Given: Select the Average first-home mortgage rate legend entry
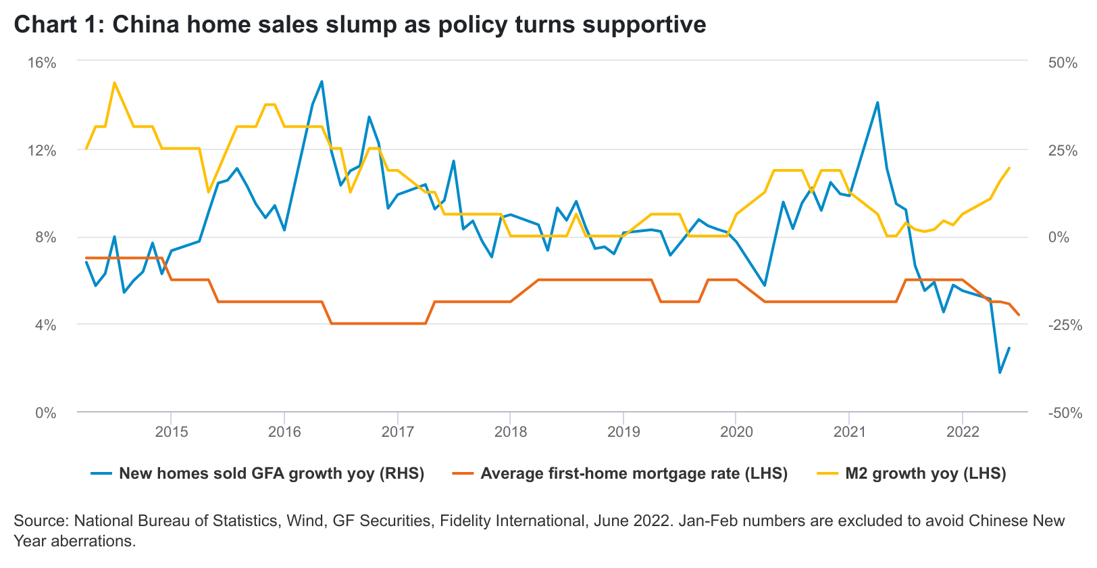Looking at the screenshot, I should click(x=634, y=473).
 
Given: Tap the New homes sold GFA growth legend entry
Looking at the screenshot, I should click(x=271, y=473).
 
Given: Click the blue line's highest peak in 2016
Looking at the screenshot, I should click(x=322, y=82).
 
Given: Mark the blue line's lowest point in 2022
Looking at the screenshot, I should click(x=1000, y=373).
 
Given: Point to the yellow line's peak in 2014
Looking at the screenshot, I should click(x=114, y=83).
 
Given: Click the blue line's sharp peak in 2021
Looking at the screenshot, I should click(x=877, y=103).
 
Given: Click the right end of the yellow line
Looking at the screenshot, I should click(x=1009, y=168).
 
